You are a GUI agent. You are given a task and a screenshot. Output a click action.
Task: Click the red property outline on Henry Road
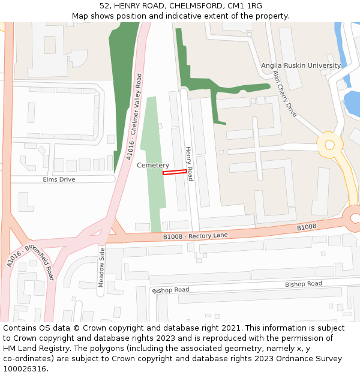(x=175, y=172)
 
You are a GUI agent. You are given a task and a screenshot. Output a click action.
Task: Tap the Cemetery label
(x=153, y=165)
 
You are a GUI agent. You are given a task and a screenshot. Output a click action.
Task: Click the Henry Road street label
(x=189, y=164)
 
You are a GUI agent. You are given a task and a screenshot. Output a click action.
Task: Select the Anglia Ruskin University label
(x=301, y=65)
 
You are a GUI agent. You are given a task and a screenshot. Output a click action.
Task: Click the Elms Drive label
(x=59, y=179)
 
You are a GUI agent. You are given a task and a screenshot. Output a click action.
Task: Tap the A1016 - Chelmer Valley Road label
(x=133, y=118)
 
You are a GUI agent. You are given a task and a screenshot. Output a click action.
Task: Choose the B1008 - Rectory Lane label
(x=196, y=236)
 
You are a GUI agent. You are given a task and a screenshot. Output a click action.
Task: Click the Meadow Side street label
(x=101, y=267)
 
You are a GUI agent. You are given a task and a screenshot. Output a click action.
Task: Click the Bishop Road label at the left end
(x=170, y=290)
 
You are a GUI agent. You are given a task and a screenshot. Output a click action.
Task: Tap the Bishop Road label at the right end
(x=303, y=284)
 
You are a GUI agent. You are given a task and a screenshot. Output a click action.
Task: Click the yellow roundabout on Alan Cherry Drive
(x=329, y=145)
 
